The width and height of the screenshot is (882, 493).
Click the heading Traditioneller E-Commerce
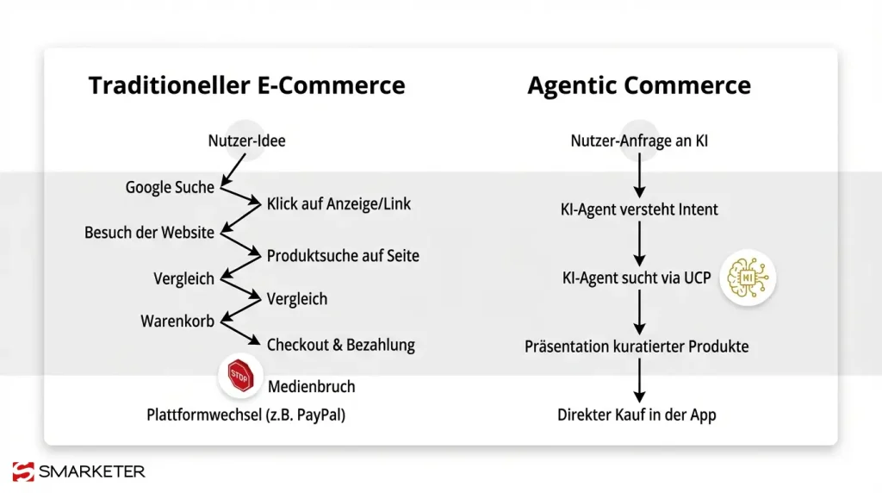[246, 86]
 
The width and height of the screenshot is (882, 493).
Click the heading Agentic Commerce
[638, 86]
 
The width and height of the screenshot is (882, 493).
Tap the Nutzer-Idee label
[246, 140]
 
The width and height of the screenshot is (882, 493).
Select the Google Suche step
[170, 187]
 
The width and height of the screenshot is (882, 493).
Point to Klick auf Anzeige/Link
[339, 204]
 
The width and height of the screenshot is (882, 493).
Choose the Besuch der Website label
[149, 233]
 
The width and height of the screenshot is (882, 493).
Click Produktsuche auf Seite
[343, 256]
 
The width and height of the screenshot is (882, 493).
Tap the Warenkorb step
[177, 321]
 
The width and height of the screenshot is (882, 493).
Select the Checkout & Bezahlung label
[340, 345]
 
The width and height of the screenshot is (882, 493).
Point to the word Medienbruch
[311, 386]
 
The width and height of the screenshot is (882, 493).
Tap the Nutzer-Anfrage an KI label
[639, 140]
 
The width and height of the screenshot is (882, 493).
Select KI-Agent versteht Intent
[638, 209]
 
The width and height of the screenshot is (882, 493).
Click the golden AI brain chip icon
[748, 278]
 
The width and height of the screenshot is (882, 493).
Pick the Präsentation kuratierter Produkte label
[637, 346]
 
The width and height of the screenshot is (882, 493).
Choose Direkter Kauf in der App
[637, 415]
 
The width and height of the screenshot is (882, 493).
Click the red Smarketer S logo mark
[23, 471]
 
